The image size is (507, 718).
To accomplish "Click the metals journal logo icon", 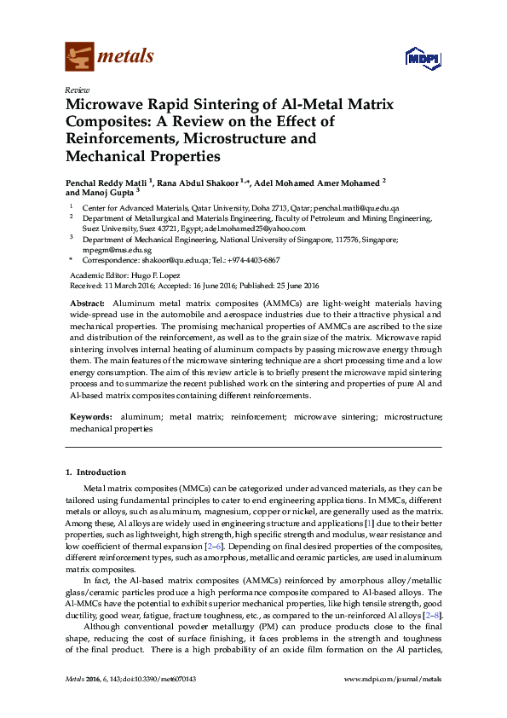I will tap(79, 57).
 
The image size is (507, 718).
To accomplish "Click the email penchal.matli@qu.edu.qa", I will tap(362, 208).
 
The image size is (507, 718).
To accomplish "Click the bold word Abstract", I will tap(87, 304).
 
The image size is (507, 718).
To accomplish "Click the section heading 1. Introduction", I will tap(96, 472).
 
